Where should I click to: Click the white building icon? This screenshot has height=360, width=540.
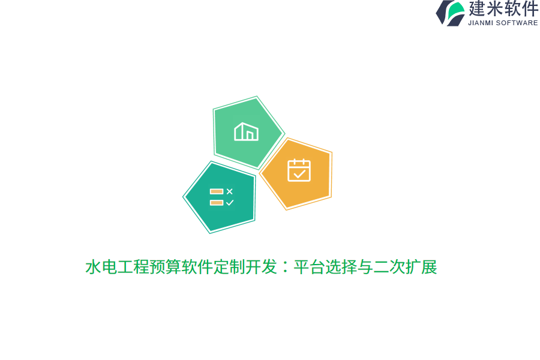[x=246, y=131]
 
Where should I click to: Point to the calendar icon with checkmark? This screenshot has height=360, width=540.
[x=299, y=170]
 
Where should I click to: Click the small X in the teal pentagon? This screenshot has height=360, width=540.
[x=229, y=191]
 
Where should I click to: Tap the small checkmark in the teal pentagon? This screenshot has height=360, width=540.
[x=229, y=203]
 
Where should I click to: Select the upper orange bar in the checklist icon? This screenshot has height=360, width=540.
[x=216, y=191]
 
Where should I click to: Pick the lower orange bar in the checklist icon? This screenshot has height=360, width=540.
[x=216, y=203]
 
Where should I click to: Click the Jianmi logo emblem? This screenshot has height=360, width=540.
[x=450, y=13]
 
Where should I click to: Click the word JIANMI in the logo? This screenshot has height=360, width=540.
[x=481, y=23]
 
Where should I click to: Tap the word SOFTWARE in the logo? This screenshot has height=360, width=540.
[x=517, y=23]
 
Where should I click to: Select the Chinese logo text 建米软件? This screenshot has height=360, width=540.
[x=503, y=9]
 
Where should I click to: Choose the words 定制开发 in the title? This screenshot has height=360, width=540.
[x=245, y=267]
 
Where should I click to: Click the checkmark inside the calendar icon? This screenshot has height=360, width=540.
[x=299, y=173]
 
